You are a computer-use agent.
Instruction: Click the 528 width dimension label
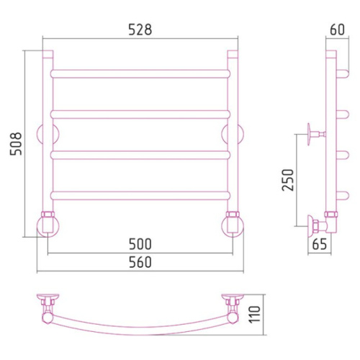coord(140,30)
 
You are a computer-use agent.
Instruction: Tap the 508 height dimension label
coord(16,143)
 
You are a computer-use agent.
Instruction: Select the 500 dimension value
coord(140,244)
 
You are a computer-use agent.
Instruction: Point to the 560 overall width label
coord(140,262)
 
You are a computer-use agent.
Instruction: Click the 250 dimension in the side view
coord(288,180)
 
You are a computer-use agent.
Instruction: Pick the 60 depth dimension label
coord(337,30)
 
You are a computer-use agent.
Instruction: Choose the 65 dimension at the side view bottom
coord(320,244)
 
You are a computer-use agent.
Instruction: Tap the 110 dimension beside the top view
coord(255,315)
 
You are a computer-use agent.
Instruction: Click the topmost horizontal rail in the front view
coord(140,74)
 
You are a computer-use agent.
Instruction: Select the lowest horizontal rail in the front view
coord(140,196)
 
